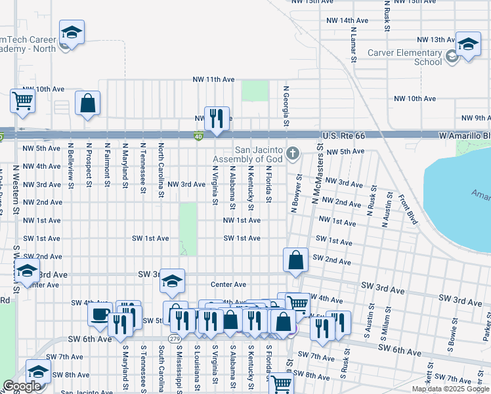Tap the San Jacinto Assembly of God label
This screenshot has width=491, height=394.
click(x=248, y=154)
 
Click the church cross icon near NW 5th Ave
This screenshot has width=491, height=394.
click(x=293, y=154)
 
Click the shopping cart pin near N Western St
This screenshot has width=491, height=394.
click(x=22, y=101)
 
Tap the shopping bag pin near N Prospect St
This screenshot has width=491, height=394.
click(x=87, y=104)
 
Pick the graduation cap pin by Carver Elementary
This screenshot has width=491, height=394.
click(x=468, y=45)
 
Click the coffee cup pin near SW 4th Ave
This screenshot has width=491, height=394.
click(x=100, y=313)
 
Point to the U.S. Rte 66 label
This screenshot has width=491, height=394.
click(x=343, y=135)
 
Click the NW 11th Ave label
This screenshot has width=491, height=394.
click(x=213, y=79)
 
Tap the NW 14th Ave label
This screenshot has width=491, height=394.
click(x=347, y=21)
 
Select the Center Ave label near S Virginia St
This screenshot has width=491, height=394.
click(x=228, y=285)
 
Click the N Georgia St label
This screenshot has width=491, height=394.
click(x=286, y=106)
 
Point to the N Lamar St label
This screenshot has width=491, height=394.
click(x=353, y=44)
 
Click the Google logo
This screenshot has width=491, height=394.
click(x=22, y=386)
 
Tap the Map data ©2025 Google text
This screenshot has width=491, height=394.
click(x=451, y=389)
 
